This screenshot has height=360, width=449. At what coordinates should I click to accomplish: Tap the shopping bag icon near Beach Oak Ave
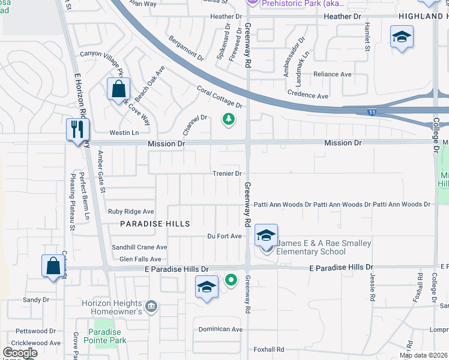(x=119, y=90)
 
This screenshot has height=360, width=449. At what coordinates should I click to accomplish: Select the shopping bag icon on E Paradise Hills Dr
(x=53, y=266)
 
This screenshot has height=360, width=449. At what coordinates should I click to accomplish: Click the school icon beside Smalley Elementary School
(x=266, y=236)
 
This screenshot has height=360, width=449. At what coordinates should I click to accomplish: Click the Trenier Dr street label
(x=226, y=173)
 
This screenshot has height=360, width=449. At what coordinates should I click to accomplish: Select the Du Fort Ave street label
(x=224, y=236)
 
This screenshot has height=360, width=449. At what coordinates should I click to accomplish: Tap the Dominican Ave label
(x=221, y=329)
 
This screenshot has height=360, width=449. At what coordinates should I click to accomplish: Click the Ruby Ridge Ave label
(x=131, y=212)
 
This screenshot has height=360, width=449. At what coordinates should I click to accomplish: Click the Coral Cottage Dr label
(x=219, y=97)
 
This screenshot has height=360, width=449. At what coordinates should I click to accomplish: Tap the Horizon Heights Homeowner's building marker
(x=152, y=306)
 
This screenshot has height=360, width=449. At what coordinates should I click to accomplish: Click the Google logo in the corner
(x=19, y=352)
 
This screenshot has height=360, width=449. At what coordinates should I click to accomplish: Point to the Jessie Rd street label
(x=373, y=289)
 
